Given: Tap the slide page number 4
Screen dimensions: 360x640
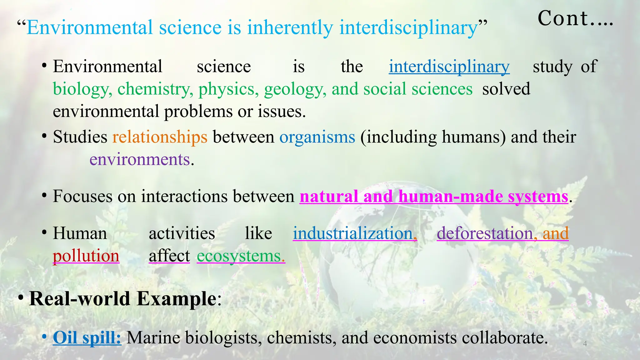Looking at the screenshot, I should click(x=585, y=344).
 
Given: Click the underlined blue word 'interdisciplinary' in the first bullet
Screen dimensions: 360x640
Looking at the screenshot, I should click(x=449, y=67).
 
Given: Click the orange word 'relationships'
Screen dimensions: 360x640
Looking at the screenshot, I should click(x=160, y=137).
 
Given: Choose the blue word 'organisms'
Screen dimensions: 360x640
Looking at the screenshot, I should click(x=317, y=137).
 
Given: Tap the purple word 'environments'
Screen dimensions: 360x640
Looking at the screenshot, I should click(x=140, y=160).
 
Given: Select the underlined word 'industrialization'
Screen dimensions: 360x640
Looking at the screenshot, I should click(x=352, y=233).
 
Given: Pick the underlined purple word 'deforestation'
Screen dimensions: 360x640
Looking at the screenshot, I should click(x=485, y=233).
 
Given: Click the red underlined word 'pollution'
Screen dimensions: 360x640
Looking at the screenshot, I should click(x=86, y=256).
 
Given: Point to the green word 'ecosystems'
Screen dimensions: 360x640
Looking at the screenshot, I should click(x=239, y=256).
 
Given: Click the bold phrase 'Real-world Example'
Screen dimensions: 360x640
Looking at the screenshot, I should click(x=122, y=299).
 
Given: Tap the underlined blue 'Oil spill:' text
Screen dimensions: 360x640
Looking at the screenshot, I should click(x=87, y=338).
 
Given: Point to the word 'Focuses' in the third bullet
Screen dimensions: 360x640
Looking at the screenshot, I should click(x=82, y=197).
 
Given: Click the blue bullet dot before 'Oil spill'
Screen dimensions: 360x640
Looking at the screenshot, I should click(x=44, y=337).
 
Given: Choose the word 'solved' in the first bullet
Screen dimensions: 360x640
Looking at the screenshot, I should click(x=506, y=89).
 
